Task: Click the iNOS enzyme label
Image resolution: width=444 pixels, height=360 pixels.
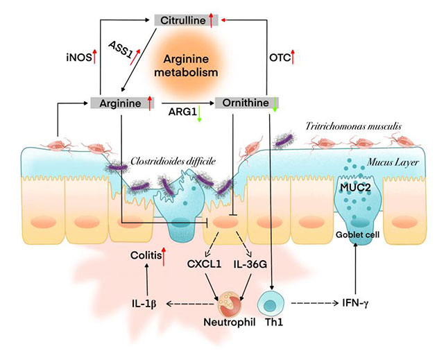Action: coord(76,59)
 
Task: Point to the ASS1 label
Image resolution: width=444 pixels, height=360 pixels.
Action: coord(122,50)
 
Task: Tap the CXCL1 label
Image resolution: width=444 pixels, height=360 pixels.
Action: coord(203,264)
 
